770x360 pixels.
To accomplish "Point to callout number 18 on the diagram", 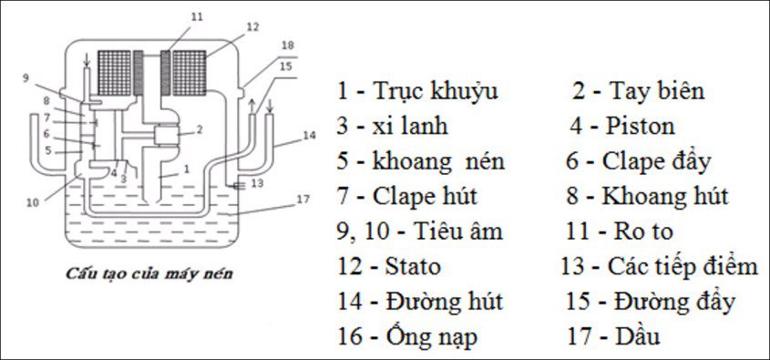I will pos(288,45).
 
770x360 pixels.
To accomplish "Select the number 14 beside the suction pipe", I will pos(309,136).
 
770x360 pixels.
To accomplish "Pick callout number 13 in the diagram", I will pos(256,184).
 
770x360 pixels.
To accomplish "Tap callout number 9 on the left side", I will pos(27,77).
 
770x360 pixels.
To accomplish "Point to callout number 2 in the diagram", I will pos(199,129).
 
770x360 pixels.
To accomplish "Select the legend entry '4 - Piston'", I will pos(624,125).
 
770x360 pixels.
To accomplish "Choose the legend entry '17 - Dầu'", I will pos(625,336).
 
